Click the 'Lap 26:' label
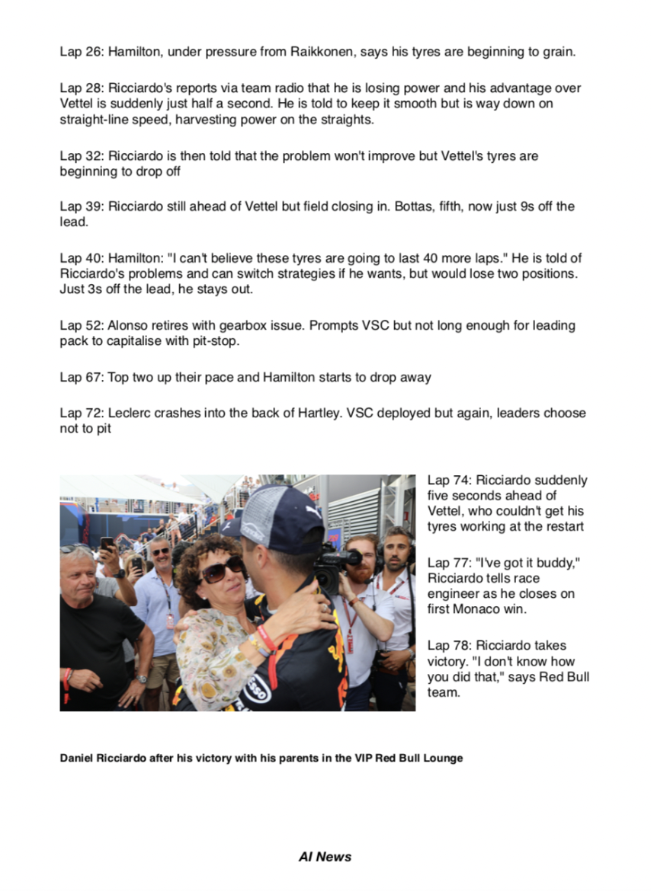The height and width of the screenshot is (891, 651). point(82,53)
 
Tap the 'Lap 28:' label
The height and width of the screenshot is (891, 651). point(82,88)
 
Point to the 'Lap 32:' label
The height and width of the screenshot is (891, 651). point(82,156)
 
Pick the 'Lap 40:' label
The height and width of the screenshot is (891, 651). point(82,259)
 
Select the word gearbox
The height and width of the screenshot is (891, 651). point(245,326)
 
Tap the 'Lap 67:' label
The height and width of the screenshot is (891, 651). point(82,377)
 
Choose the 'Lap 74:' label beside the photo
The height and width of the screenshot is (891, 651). point(450,481)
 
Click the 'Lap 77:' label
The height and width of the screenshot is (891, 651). point(450,563)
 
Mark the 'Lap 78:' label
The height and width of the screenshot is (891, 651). point(450,646)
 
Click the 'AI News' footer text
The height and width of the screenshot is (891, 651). point(325,857)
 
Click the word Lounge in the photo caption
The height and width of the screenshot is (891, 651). point(441,758)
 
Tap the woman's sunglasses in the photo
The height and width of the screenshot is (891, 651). point(222,569)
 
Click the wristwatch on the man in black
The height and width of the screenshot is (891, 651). point(143,679)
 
